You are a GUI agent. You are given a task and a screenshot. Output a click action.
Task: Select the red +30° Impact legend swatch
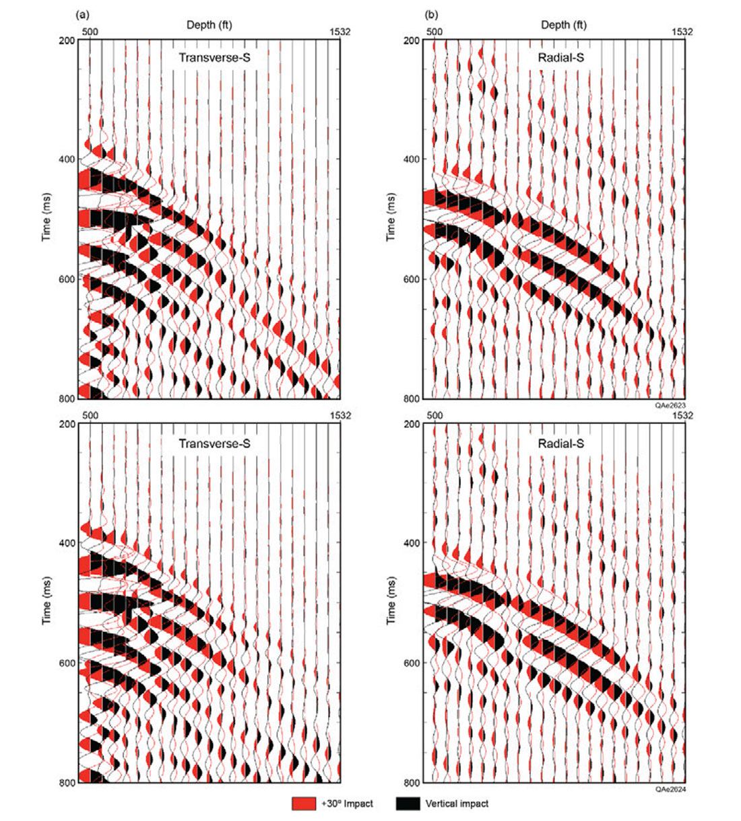pyautogui.click(x=304, y=804)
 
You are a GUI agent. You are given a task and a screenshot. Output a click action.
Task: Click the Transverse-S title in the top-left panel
pyautogui.click(x=214, y=58)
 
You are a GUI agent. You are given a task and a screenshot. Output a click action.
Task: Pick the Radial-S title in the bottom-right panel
pyautogui.click(x=560, y=443)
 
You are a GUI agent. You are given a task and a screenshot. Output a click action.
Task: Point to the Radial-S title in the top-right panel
pyautogui.click(x=560, y=58)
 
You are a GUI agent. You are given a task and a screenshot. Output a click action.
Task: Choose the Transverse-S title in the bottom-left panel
pyautogui.click(x=214, y=443)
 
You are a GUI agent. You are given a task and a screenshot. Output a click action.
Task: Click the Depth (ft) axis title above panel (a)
pyautogui.click(x=210, y=25)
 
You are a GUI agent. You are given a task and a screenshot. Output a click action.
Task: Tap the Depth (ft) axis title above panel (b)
pyautogui.click(x=563, y=25)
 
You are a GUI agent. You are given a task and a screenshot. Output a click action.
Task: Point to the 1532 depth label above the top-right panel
pyautogui.click(x=681, y=31)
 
